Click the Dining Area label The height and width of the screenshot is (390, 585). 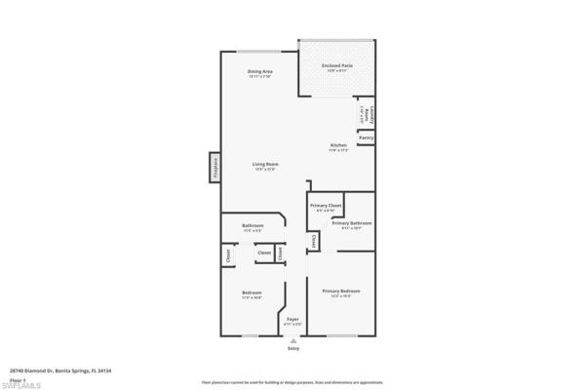pos(259,71)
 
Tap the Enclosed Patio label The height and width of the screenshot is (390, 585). pos(337,65)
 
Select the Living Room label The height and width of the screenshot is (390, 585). pos(265,164)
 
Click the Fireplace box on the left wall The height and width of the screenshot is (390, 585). pos(214,167)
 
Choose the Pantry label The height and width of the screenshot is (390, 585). pos(366,137)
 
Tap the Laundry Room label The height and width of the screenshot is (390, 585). pos(368,113)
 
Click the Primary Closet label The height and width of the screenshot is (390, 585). pos(326,205)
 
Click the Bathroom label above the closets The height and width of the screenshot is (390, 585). pos(253,226)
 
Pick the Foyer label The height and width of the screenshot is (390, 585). pos(292,319)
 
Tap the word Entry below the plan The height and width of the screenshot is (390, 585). pos(293,348)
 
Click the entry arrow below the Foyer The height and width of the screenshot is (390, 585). pos(293,339)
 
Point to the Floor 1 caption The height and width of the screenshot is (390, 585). pos(17,378)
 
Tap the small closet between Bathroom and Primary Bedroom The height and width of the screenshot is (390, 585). pos(314,241)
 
